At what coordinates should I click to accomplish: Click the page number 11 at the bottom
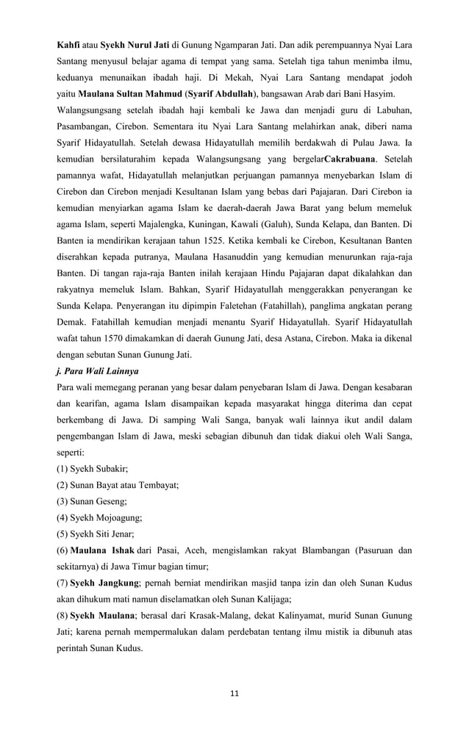click(234, 693)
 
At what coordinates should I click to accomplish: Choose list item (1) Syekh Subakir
click(92, 468)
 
